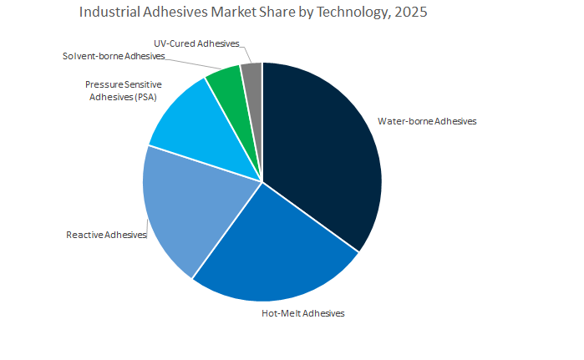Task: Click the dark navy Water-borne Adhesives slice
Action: [x=322, y=150]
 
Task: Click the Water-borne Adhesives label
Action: [x=427, y=121]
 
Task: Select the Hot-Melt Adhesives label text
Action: [x=298, y=313]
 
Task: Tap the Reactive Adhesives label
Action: [x=106, y=235]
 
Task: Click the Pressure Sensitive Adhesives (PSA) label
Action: [x=123, y=91]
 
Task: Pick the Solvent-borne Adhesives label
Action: [x=114, y=56]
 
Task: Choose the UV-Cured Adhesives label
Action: [x=197, y=43]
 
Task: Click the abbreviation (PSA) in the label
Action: [x=145, y=97]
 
